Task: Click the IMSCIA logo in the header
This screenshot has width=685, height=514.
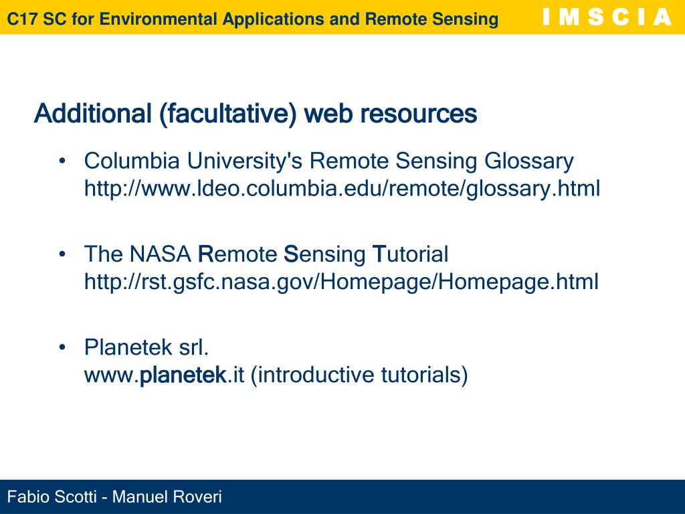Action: pyautogui.click(x=606, y=17)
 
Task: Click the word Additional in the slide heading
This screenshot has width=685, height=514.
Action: pyautogui.click(x=93, y=114)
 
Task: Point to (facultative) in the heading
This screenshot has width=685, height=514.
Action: pyautogui.click(x=228, y=114)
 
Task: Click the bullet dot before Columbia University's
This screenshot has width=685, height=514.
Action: pyautogui.click(x=62, y=161)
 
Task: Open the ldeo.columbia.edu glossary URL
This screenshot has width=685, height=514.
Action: pyautogui.click(x=342, y=189)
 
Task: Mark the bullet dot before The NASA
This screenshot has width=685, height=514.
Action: pyautogui.click(x=62, y=254)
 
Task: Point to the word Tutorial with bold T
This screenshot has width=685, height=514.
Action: pyautogui.click(x=410, y=254)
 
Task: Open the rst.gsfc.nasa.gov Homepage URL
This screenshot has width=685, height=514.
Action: pyautogui.click(x=341, y=282)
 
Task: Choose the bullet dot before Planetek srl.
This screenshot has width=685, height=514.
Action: pyautogui.click(x=62, y=347)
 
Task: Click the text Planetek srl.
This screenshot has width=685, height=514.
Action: pyautogui.click(x=146, y=347)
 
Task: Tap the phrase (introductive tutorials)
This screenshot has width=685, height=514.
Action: pyautogui.click(x=359, y=375)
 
